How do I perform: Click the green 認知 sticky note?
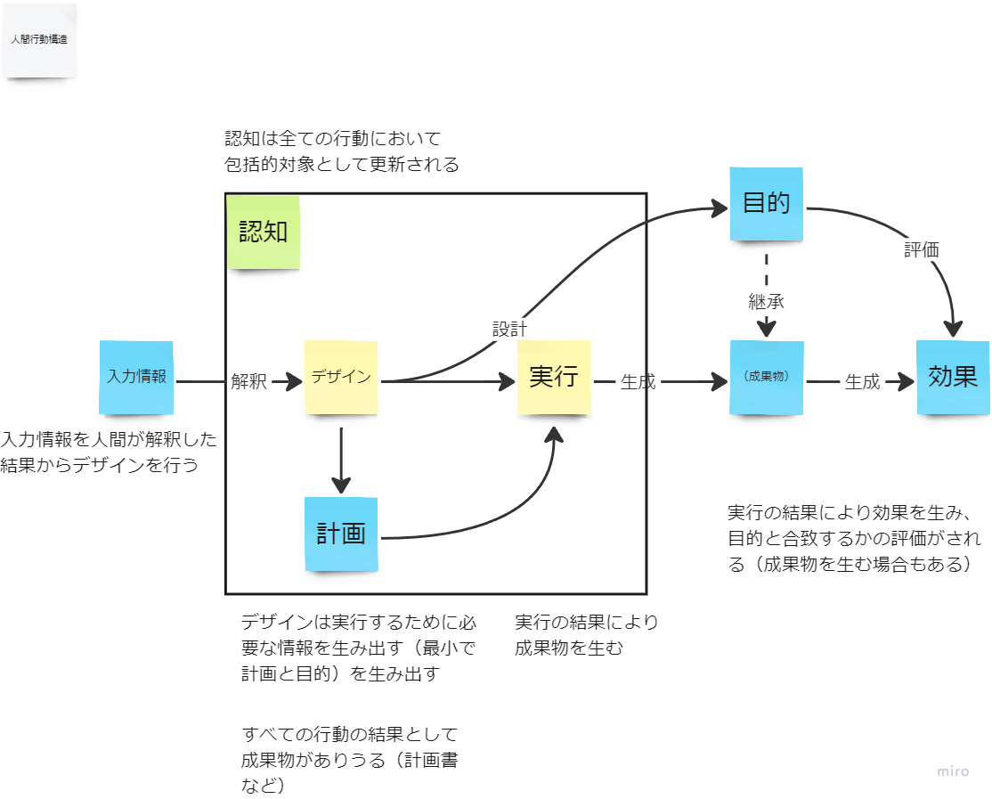coord(264,232)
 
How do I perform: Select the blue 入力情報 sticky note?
coord(136,378)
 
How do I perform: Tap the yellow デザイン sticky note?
coord(342,378)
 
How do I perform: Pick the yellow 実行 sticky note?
coord(554,378)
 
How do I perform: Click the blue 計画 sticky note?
coord(342,534)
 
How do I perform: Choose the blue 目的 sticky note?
coord(767,204)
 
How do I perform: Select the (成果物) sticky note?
coord(767,378)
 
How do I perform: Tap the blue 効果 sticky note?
coord(954,378)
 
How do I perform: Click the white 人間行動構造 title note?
coord(39,40)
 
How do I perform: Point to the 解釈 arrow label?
coord(248,381)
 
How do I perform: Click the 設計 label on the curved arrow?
coord(509,329)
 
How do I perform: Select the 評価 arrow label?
coord(921,250)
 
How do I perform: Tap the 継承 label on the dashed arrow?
coord(766,302)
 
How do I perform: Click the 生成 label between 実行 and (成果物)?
coord(638,382)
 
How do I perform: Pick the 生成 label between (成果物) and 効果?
coord(862,382)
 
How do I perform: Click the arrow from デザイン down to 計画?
coord(341,461)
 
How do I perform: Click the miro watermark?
coord(953,771)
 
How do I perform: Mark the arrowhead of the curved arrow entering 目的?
coord(720,208)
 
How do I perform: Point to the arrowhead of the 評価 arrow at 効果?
coord(953,329)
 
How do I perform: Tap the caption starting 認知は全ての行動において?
coord(342,151)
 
